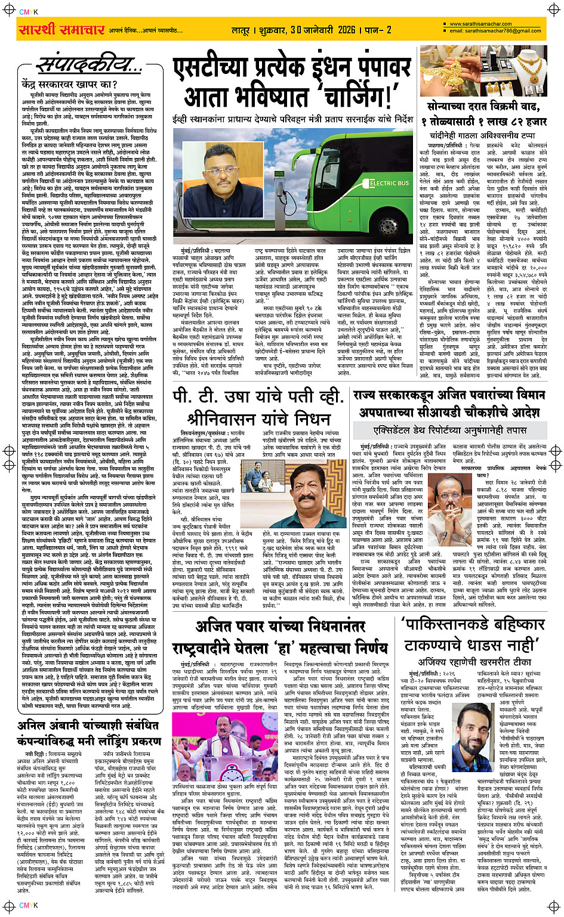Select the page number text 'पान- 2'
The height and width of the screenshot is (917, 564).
pos(378,30)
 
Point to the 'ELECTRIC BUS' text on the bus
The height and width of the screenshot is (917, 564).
pos(390,183)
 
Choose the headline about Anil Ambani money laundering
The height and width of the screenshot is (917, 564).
pos(89,733)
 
